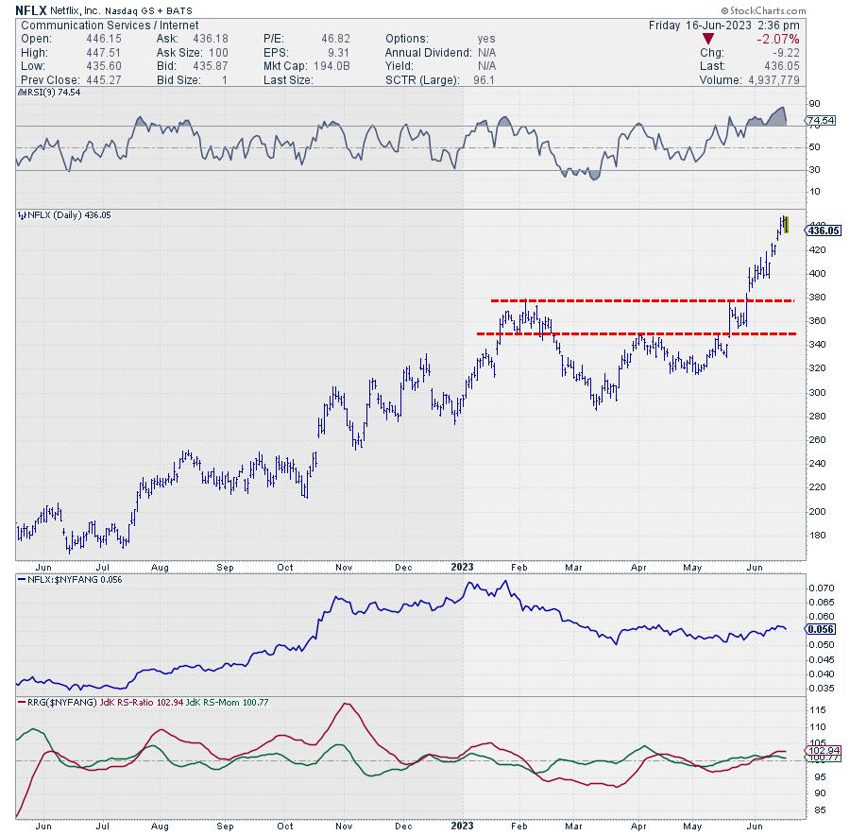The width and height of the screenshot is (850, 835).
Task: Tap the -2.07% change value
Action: tap(779, 40)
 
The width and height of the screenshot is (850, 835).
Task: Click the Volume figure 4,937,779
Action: tap(763, 80)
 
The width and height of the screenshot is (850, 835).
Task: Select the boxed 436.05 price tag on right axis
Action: tap(819, 230)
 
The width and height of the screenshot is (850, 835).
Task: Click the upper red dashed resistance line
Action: tap(642, 300)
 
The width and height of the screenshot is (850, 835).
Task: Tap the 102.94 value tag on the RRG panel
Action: tap(817, 751)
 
